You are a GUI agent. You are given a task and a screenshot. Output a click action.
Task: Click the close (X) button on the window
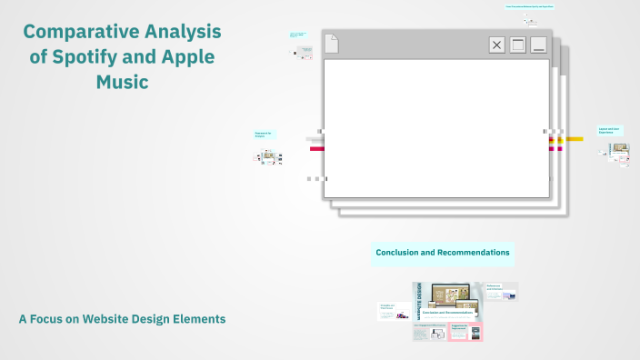point(496,45)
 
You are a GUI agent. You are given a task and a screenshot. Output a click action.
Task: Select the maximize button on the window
point(517,45)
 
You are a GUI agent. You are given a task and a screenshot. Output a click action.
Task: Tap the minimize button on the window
point(538,45)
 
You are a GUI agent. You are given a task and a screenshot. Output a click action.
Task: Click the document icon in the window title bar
point(332,43)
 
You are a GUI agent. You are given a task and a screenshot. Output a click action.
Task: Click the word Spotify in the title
point(95,56)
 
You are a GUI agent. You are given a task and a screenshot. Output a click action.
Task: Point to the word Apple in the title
point(189,56)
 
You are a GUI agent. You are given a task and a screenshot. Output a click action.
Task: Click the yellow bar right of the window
point(574,139)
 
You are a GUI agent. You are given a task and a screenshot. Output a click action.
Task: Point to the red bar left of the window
point(316,148)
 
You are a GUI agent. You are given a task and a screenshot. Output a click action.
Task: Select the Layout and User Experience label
point(610,130)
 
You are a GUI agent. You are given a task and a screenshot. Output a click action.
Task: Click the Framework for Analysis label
point(265,135)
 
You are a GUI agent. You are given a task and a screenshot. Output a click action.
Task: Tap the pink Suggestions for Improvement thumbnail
point(465,331)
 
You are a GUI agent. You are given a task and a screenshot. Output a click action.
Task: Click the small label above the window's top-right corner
point(530,6)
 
